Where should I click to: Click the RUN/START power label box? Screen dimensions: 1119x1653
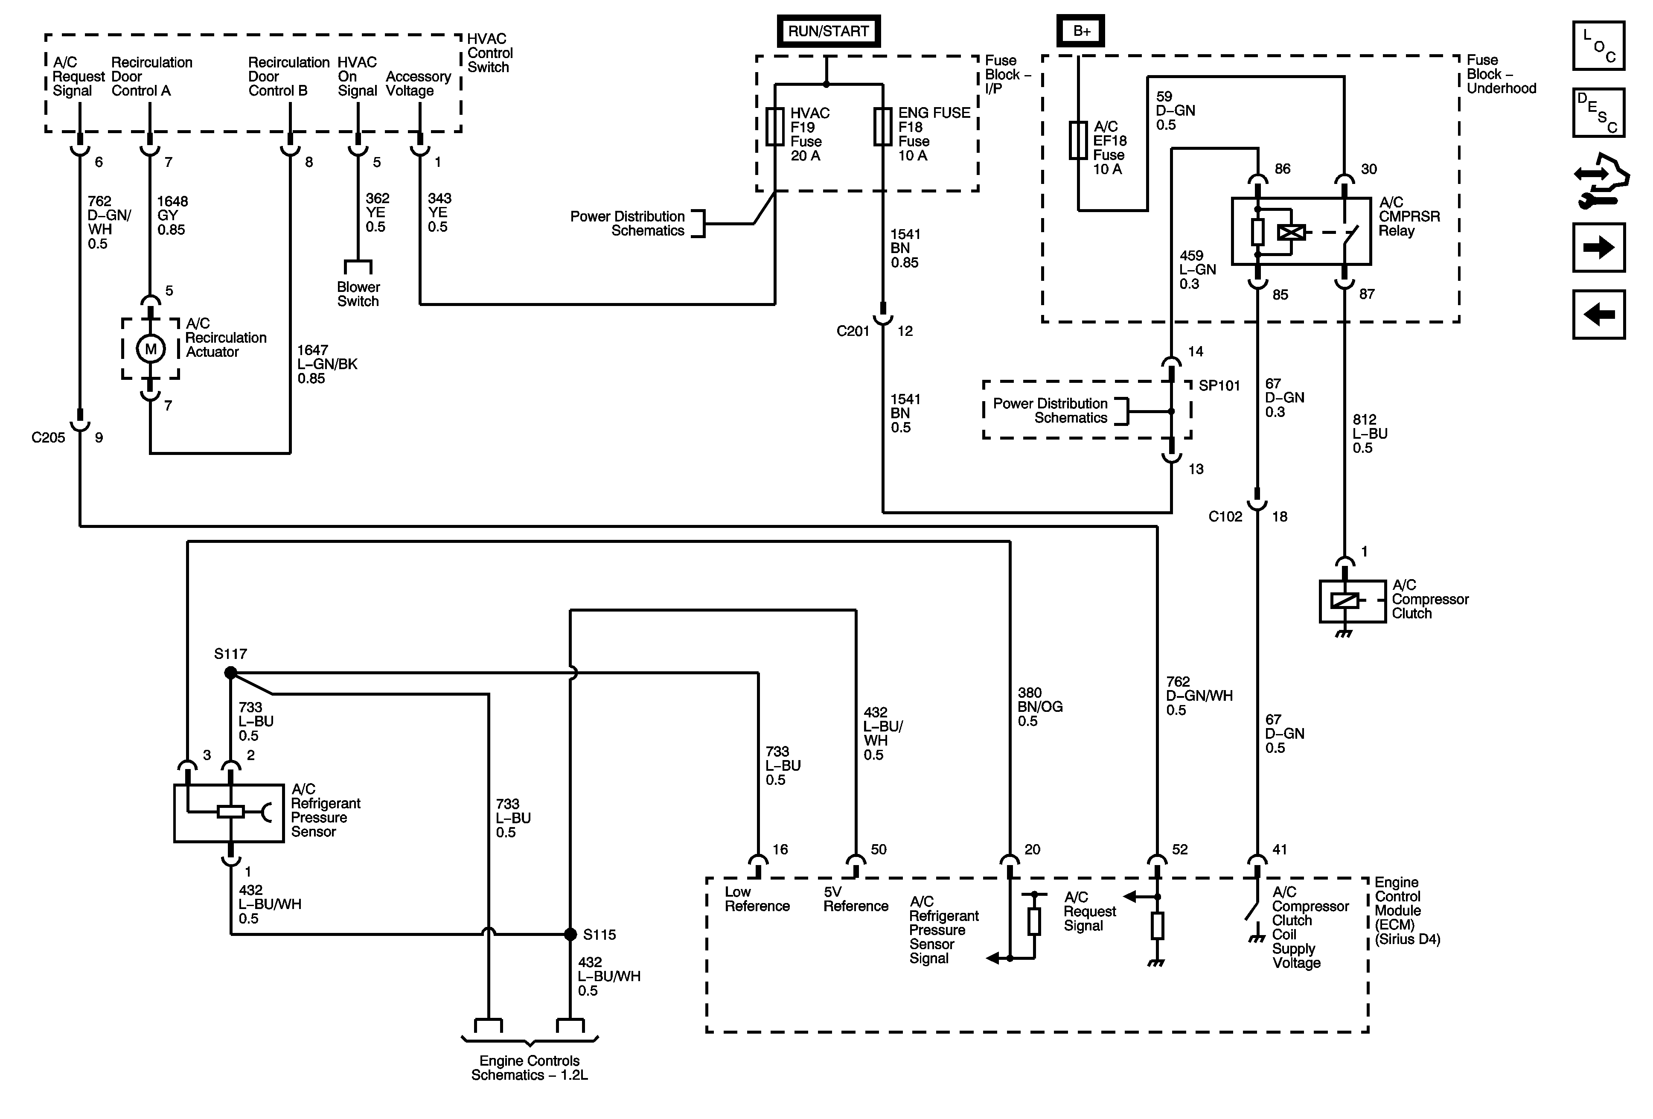tap(828, 31)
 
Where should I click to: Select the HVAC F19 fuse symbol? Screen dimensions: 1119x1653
tap(774, 127)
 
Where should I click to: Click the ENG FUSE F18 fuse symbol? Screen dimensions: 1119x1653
tap(883, 127)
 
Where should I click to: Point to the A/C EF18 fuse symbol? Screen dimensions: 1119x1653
tap(1078, 140)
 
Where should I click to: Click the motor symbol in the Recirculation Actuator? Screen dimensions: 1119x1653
tap(151, 349)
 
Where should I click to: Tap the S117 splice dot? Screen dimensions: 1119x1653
tap(230, 672)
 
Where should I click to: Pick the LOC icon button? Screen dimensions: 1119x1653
tap(1598, 46)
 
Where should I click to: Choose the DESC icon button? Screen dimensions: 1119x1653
tap(1598, 112)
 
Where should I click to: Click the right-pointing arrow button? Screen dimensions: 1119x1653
tap(1598, 248)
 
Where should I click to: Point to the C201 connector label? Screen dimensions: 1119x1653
tap(853, 331)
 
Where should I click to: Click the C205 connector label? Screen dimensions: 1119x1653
tap(48, 437)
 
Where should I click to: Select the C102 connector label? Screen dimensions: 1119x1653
tap(1225, 516)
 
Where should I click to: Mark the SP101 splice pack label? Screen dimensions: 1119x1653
tap(1219, 385)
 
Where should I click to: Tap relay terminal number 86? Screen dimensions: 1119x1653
tap(1283, 169)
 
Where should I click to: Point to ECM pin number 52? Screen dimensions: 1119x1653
tap(1179, 849)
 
